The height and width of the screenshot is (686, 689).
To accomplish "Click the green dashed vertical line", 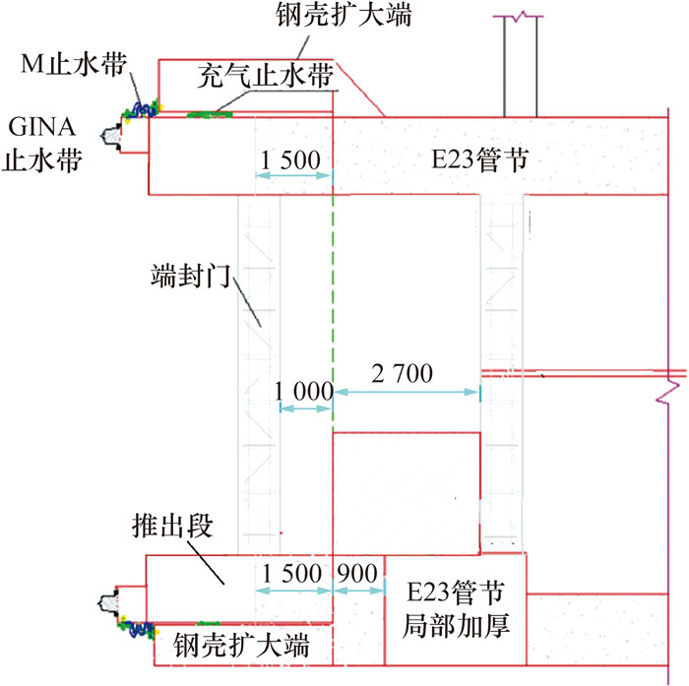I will point(334,295).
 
